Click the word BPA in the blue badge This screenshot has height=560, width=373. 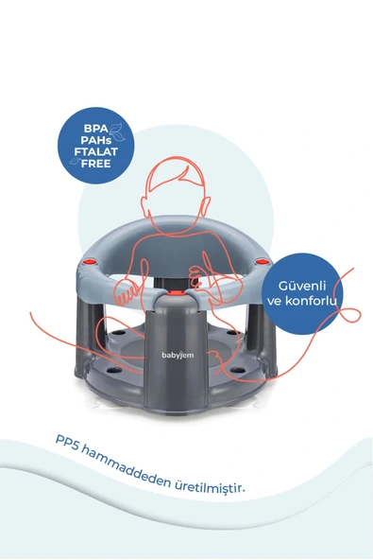coord(95,129)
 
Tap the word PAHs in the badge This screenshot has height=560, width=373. coord(96,140)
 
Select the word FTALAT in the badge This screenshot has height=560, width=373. coord(96,151)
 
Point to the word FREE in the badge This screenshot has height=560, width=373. coord(96,164)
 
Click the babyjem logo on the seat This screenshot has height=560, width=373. coord(178,355)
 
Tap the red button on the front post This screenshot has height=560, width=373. coord(175,293)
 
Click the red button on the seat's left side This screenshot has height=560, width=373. coord(89,262)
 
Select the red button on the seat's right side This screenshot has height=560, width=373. coord(263,262)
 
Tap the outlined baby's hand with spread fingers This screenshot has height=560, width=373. coord(126,293)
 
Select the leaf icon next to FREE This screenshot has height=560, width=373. coord(76,161)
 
